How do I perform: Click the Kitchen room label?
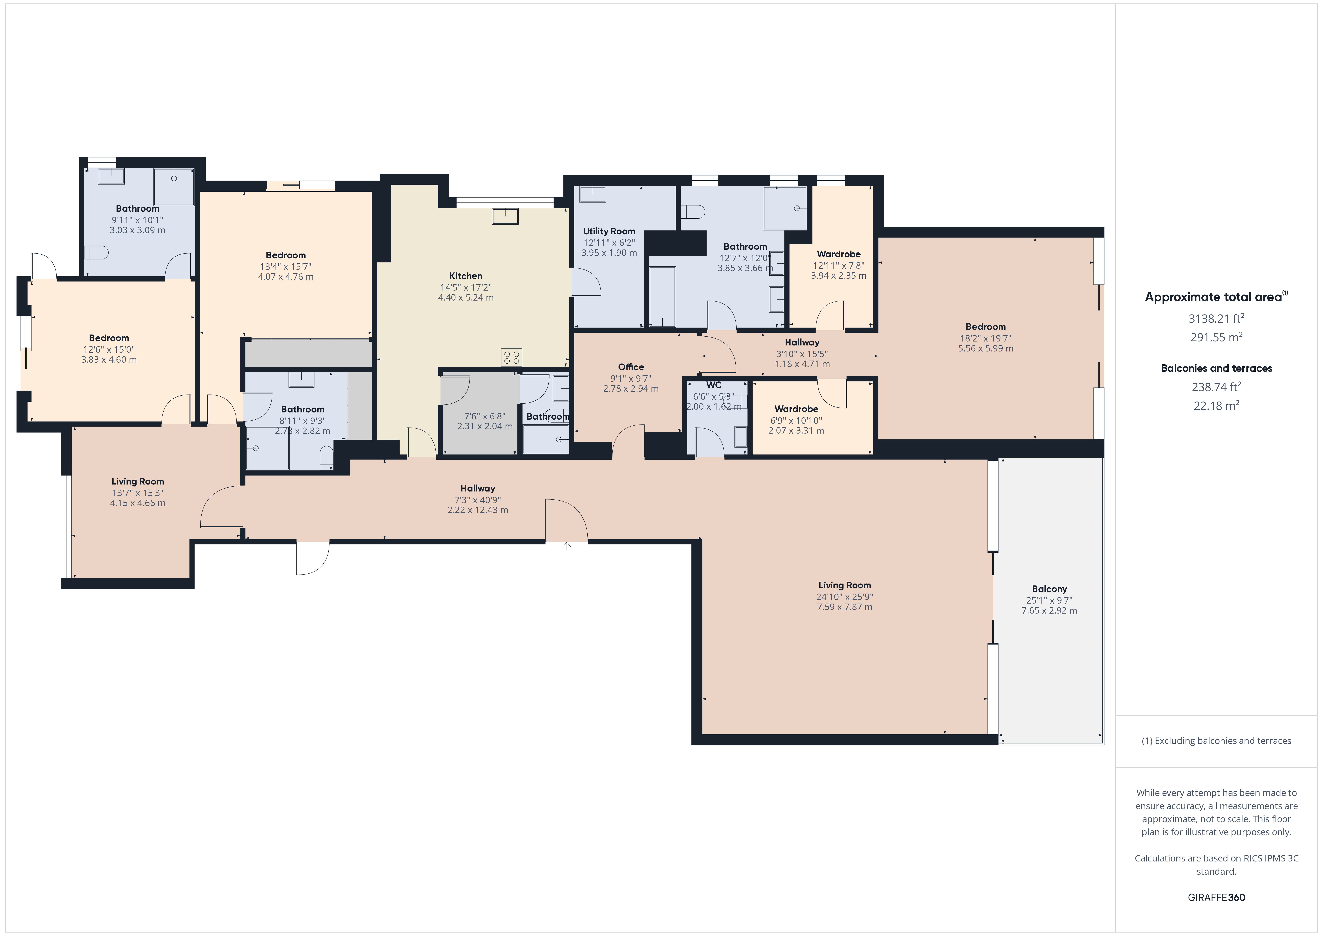coord(466,276)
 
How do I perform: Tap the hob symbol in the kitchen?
coord(511,357)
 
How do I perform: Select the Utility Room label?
coord(609,231)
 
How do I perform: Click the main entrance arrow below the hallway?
coord(566,546)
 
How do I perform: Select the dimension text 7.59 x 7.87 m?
coord(844,607)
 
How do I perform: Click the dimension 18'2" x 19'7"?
coord(985,338)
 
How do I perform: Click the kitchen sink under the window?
coord(505,216)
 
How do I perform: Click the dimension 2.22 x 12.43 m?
coord(478,510)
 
